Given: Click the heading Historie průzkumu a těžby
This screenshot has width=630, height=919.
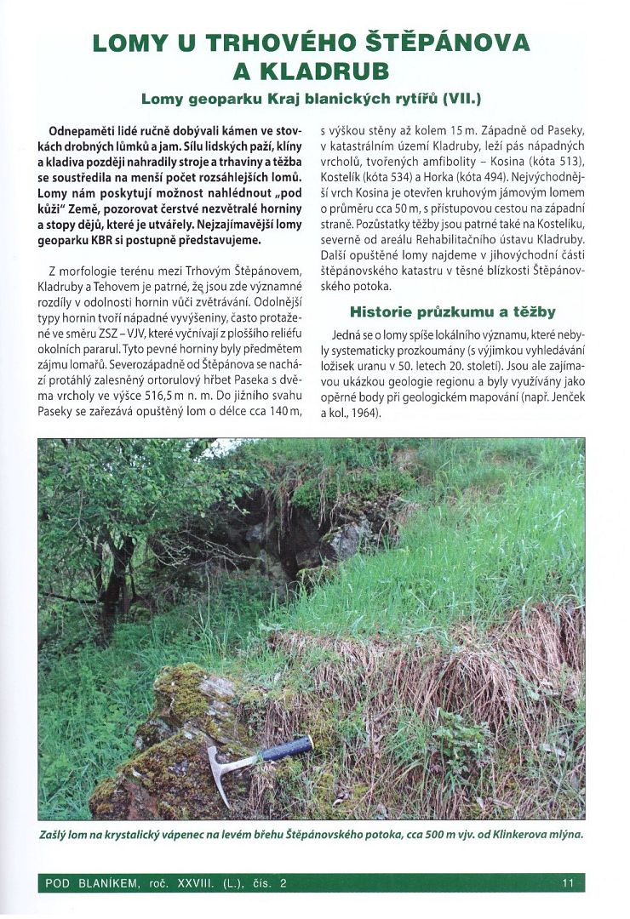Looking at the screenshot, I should (x=452, y=311).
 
